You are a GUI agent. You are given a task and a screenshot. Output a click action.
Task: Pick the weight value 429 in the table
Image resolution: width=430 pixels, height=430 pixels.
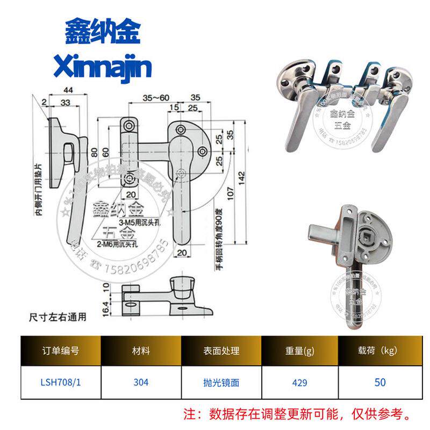300,382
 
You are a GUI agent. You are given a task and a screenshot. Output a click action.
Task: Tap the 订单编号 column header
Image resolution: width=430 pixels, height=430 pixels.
61,351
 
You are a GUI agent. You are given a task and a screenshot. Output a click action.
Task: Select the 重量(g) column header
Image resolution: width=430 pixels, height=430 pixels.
300,351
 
